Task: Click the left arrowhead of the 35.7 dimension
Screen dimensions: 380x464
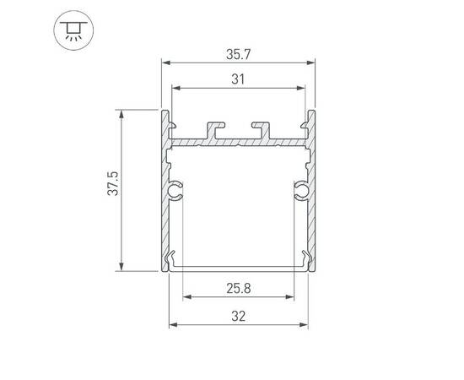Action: click(x=165, y=62)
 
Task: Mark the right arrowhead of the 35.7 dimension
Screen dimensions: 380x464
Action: click(x=311, y=62)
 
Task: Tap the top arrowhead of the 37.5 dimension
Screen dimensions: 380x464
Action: click(x=124, y=112)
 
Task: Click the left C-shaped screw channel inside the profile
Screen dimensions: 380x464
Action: click(x=176, y=192)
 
